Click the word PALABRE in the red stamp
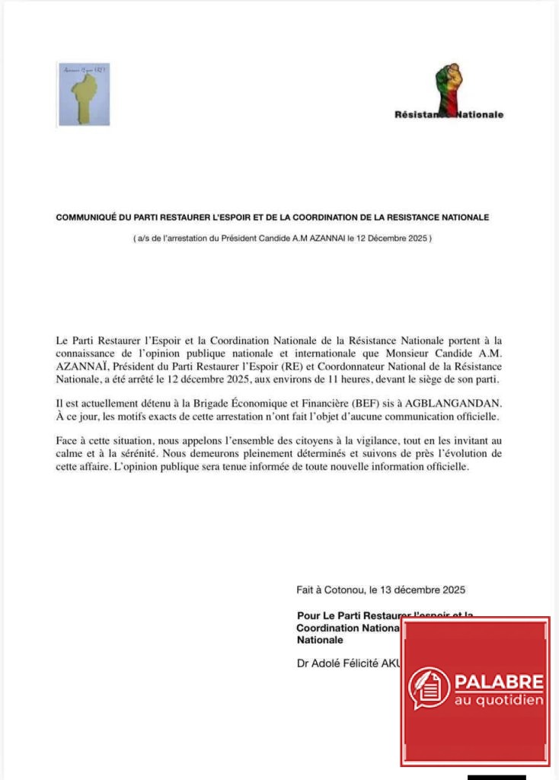[499, 681]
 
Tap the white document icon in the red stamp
[430, 689]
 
